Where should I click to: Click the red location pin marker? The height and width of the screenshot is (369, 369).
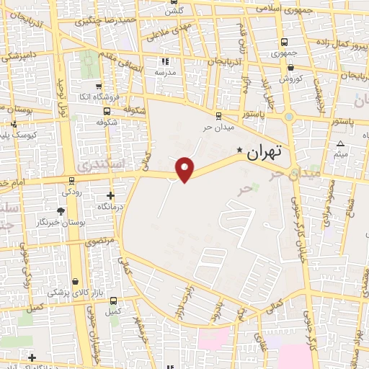(x=185, y=169)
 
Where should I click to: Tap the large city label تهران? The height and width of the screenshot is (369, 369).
(x=264, y=153)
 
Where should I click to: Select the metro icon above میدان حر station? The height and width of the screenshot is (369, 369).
(x=218, y=115)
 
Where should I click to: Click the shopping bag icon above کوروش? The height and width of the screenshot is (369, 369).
(x=284, y=67)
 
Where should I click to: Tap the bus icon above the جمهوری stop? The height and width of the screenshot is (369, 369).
(x=284, y=43)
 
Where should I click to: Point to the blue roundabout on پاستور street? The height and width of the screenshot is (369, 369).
(x=289, y=116)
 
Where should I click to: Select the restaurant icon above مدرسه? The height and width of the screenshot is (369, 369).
(x=165, y=62)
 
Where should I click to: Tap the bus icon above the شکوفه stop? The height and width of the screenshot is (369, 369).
(x=107, y=111)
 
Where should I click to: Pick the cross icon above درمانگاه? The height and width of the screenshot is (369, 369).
(x=110, y=195)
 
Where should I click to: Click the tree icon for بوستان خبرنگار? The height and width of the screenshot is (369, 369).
(x=62, y=211)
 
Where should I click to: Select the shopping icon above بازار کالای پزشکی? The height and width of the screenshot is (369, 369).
(x=76, y=280)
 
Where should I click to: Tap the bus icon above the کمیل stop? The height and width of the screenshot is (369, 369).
(x=112, y=301)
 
